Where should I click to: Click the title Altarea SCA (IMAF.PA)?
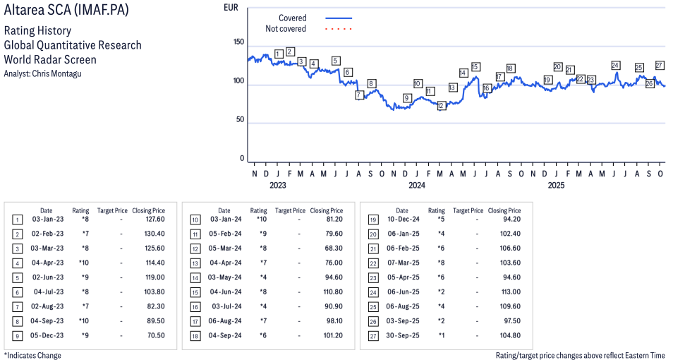coord(66,12)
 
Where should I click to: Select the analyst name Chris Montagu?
coord(42,73)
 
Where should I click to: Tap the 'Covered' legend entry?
coord(292,18)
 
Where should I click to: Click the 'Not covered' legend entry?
coord(285,29)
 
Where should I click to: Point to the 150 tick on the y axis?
coord(238,42)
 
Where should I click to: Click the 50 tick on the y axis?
coord(241,120)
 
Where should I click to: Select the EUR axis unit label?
coord(231,8)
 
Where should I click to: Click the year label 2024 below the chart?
coord(417,186)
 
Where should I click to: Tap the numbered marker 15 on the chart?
coord(475,67)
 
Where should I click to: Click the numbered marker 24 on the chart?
coord(615,66)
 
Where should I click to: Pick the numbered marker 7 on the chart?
coord(358,95)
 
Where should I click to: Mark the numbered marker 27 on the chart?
coord(660,65)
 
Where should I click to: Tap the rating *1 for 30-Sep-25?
coord(437,335)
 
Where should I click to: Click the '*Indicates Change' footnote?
coord(32,355)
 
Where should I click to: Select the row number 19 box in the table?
coord(373,220)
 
